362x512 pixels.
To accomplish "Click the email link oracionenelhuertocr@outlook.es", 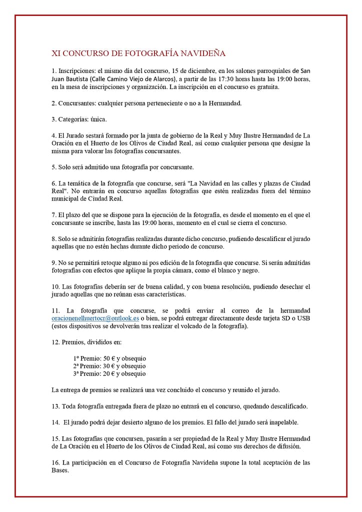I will pos(95,318).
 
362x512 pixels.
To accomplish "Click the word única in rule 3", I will pos(98,119).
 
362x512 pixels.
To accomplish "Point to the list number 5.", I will pos(53,167).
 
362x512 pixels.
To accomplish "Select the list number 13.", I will pos(55,406).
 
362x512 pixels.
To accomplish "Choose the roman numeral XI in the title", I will pos(56,53).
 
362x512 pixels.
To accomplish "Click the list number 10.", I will pos(55,286).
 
